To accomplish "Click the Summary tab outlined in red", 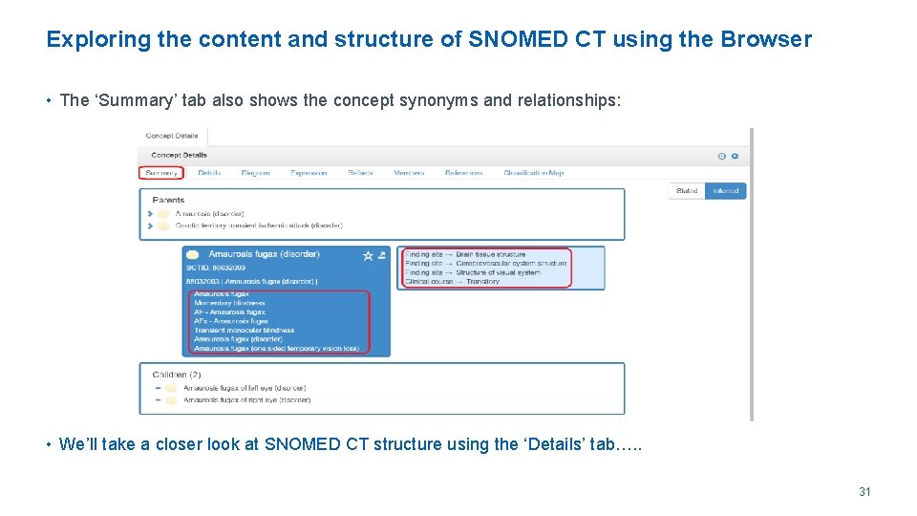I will click(161, 173).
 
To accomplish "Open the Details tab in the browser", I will click(209, 173).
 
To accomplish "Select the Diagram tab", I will click(255, 173).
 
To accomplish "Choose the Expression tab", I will click(309, 173).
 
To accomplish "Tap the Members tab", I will click(409, 173).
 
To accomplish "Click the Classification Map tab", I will click(533, 173).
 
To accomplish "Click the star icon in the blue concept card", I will click(368, 255).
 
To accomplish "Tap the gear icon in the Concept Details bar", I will click(735, 156).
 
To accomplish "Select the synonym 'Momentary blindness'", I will click(229, 303).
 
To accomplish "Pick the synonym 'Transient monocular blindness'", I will click(244, 330).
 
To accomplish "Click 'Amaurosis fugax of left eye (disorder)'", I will click(245, 388).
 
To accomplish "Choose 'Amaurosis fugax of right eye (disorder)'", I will click(246, 400).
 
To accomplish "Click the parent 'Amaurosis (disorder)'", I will click(209, 213).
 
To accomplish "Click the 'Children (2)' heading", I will click(177, 375).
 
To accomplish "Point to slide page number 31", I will click(864, 492).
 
